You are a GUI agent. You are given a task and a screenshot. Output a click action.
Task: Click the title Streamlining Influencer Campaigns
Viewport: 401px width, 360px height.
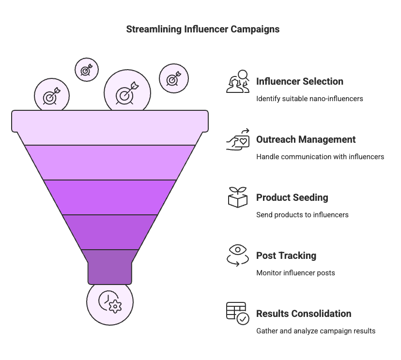pyautogui.click(x=202, y=29)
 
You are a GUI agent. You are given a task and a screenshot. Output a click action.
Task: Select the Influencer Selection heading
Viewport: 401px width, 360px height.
pyautogui.click(x=300, y=81)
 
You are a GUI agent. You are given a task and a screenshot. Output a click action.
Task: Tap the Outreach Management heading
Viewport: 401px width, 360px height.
pyautogui.click(x=306, y=139)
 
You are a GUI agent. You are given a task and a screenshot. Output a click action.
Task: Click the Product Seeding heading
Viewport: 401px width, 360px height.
pyautogui.click(x=292, y=197)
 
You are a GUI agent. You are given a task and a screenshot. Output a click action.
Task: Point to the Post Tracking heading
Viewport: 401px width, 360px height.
pyautogui.click(x=286, y=255)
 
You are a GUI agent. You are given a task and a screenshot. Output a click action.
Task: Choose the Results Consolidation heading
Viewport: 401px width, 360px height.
pyautogui.click(x=304, y=314)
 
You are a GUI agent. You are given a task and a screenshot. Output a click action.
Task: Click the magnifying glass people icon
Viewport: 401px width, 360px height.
pyautogui.click(x=238, y=81)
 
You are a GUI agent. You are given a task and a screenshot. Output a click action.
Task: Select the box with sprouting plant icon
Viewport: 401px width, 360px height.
pyautogui.click(x=238, y=197)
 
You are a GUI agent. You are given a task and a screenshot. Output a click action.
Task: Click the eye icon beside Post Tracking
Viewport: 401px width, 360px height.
pyautogui.click(x=238, y=255)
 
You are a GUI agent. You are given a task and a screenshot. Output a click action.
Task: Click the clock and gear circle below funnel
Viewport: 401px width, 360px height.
pyautogui.click(x=109, y=301)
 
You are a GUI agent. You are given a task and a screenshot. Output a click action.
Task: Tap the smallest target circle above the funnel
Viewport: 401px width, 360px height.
pyautogui.click(x=86, y=70)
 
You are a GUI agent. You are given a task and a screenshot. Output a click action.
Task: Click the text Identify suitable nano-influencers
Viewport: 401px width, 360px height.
pyautogui.click(x=309, y=99)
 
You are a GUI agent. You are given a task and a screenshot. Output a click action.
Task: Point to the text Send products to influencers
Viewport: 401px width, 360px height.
pyautogui.click(x=302, y=215)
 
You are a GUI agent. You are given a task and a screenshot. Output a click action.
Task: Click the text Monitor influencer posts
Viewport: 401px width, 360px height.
pyautogui.click(x=295, y=273)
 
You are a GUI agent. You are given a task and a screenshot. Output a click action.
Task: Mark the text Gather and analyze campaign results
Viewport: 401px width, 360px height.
pyautogui.click(x=316, y=331)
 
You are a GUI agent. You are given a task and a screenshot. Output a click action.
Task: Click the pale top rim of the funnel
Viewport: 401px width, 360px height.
pyautogui.click(x=110, y=121)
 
